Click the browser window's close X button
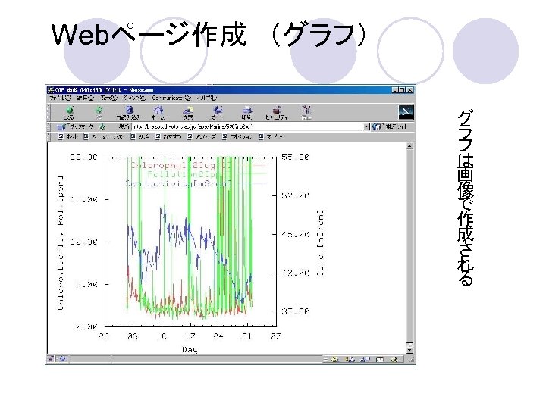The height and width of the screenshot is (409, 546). pyautogui.click(x=410, y=89)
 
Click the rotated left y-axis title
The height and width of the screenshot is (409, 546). pyautogui.click(x=60, y=242)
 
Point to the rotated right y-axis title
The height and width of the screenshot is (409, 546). pyautogui.click(x=320, y=242)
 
